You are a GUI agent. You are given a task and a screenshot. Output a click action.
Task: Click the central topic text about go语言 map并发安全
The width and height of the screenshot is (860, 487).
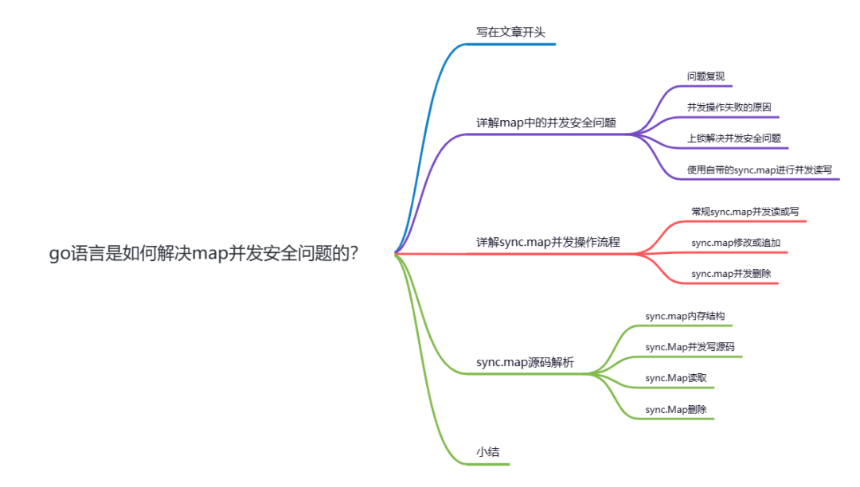[x=204, y=253]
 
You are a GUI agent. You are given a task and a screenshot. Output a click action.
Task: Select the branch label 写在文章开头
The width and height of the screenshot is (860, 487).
[x=510, y=33]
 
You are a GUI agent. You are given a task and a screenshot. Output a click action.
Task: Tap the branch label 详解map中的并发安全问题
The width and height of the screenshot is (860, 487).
[x=546, y=123]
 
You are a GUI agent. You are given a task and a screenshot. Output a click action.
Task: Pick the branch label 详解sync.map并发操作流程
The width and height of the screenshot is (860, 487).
[x=548, y=242]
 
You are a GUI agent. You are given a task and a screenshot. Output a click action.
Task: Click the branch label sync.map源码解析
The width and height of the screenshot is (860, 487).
[x=525, y=362]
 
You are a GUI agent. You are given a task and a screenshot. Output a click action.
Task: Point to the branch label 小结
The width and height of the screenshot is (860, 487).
[x=487, y=452]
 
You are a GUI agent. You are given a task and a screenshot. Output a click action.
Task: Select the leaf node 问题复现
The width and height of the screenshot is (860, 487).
[x=706, y=76]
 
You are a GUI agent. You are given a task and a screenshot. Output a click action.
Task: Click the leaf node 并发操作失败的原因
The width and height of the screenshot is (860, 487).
[x=729, y=107]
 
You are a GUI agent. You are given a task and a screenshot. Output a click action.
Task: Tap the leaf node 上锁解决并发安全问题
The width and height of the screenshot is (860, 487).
[x=734, y=138]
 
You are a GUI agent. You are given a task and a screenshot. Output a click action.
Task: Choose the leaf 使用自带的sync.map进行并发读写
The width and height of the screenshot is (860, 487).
[x=760, y=169]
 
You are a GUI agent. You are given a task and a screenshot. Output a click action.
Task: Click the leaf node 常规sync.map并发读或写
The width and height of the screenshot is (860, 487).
[x=745, y=212]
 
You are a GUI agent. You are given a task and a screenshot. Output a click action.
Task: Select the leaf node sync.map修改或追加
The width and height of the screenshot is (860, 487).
[x=736, y=243]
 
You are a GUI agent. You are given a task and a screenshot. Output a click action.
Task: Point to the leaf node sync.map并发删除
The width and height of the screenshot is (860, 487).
[x=731, y=274]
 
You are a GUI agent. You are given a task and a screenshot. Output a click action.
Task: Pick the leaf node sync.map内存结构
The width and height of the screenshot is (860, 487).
[x=685, y=316]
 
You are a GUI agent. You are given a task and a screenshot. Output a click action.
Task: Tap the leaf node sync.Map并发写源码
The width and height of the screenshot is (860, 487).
[x=690, y=347]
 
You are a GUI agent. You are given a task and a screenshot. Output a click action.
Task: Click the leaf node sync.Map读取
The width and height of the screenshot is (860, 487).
[x=676, y=378]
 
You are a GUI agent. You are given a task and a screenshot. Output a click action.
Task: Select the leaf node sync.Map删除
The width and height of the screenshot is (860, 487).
[x=676, y=409]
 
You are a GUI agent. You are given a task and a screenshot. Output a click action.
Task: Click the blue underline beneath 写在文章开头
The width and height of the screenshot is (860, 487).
[x=510, y=45]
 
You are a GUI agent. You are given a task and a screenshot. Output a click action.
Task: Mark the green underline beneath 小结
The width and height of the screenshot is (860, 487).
[x=487, y=465]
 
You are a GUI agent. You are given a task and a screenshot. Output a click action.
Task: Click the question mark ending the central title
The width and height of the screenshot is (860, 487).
[x=354, y=253]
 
